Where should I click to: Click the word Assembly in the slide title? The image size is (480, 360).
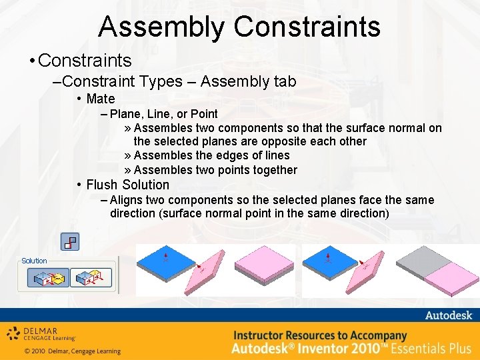point(163,27)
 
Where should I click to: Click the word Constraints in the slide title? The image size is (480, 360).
point(307,27)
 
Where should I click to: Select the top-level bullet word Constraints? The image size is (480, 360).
point(85,61)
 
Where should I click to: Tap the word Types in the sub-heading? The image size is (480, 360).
point(161,81)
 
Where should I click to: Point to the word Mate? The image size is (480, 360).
point(101,99)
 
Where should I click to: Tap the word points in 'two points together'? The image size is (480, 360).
point(233,170)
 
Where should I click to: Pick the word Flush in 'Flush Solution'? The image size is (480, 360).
point(102,185)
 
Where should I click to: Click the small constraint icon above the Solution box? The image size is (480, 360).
point(70,241)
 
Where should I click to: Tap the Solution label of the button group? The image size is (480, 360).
point(34,261)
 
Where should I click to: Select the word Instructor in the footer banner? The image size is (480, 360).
point(264,335)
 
